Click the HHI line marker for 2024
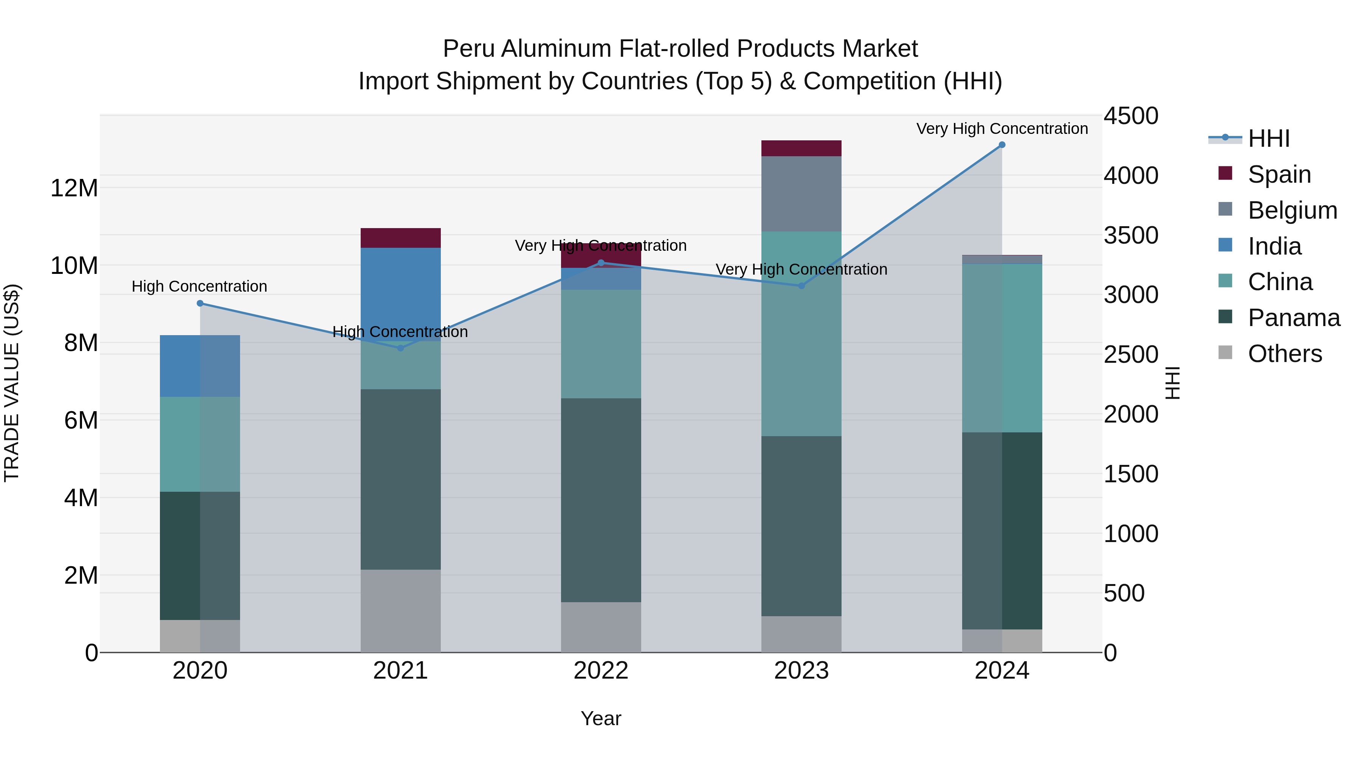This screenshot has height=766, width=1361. pos(1002,145)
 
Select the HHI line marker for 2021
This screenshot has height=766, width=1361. pos(400,348)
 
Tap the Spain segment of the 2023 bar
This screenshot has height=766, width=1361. pos(801,149)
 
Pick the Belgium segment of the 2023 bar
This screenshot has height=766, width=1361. pos(801,193)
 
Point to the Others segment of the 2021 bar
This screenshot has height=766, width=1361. pos(400,611)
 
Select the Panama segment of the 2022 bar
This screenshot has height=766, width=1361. pos(601,500)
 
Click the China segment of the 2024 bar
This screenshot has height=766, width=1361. pos(1002,348)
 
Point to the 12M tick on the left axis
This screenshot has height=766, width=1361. pos(74,188)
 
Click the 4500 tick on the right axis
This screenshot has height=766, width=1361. pos(1131,116)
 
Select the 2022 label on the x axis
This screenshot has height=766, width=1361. pos(601,671)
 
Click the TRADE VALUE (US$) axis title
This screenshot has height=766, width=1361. pos(12,383)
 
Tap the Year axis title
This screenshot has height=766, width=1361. pos(601,718)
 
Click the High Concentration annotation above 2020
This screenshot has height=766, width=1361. pos(199,286)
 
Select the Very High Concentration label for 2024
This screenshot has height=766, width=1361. pos(1002,129)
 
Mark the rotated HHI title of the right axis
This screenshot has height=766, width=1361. pos(1172,383)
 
